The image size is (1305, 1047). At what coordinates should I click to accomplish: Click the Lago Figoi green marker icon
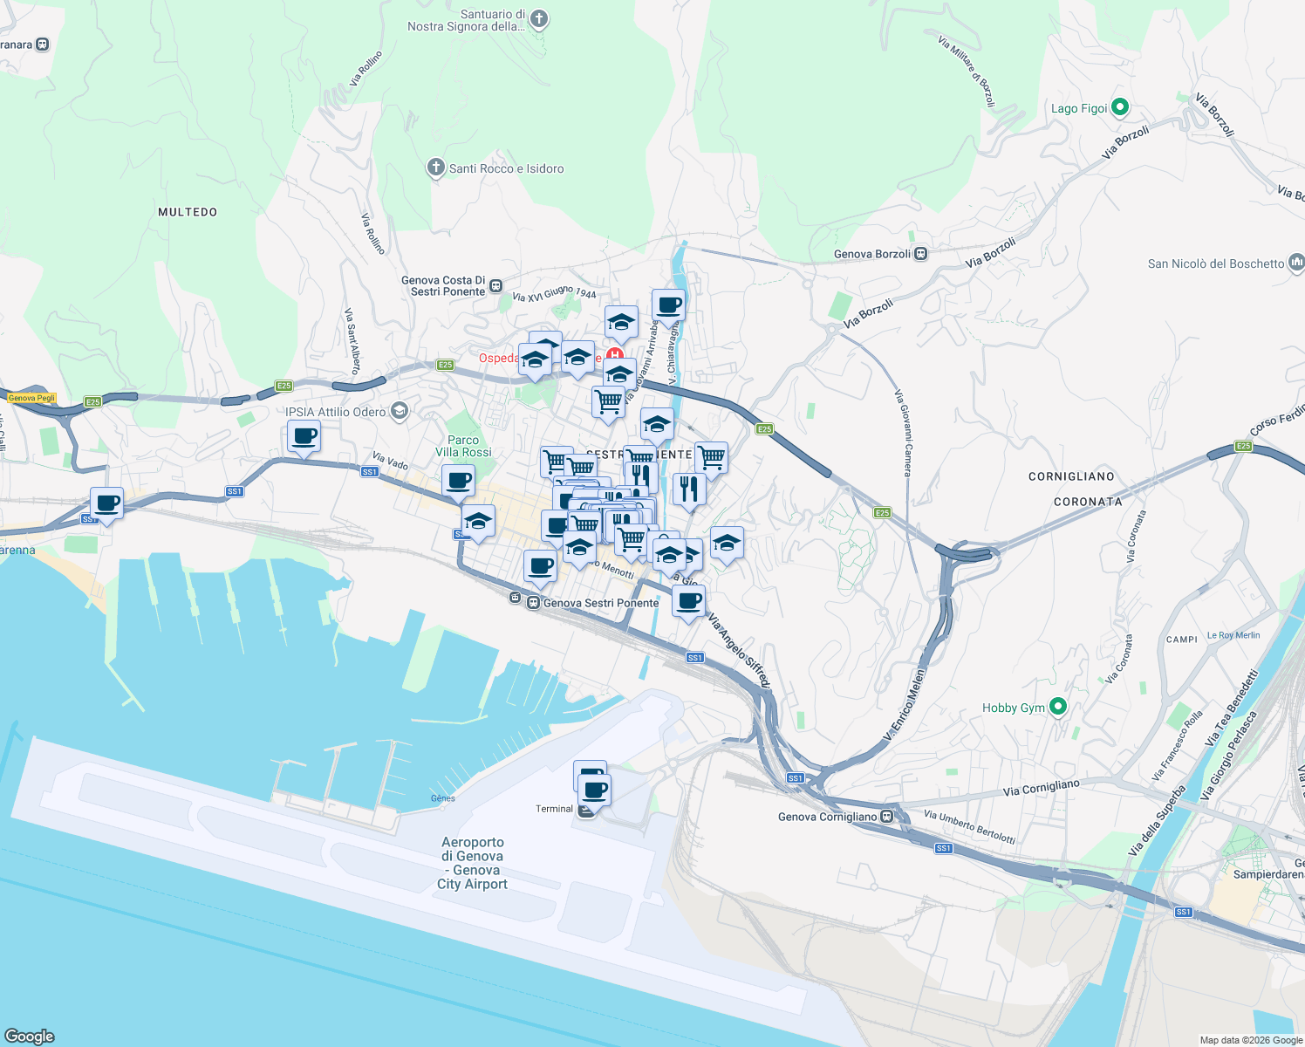coord(1121,108)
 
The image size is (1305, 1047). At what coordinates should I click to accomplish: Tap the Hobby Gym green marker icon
coord(1058,707)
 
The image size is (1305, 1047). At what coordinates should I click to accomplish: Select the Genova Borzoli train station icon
coord(920,254)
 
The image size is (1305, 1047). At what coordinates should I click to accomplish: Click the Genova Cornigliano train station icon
coord(887,817)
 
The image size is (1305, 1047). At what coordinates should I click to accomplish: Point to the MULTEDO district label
coord(188,212)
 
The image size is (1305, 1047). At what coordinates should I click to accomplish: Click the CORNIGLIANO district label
coord(1071,476)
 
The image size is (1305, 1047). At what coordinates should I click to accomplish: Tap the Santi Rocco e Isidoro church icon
coord(436,168)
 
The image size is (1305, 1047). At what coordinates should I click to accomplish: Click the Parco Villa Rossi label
coord(463,446)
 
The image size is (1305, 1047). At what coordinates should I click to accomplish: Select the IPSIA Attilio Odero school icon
coord(400,411)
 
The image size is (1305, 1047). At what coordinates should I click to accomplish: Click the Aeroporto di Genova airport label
coord(473,863)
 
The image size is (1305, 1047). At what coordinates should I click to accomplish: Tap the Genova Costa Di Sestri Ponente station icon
coord(495,285)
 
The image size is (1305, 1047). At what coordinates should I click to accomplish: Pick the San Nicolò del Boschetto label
coord(1216,263)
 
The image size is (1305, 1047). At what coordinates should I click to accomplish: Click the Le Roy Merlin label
coord(1233,635)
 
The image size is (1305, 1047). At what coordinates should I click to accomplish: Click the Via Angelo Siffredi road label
coord(739,650)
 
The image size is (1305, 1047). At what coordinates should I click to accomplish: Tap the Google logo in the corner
coord(29,1036)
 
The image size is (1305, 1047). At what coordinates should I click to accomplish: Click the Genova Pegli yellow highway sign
coord(31,398)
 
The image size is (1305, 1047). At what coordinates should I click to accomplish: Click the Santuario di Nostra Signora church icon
coord(539,19)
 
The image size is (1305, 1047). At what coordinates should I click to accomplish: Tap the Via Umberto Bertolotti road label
coord(969,826)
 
